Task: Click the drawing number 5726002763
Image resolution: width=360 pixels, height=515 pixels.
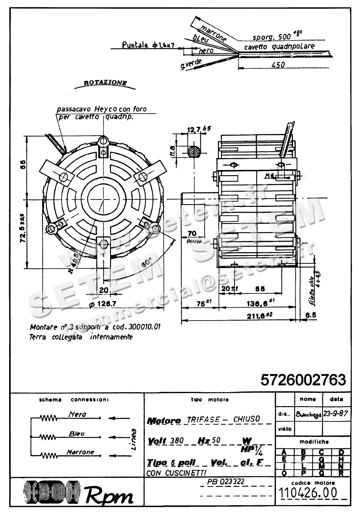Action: point(303,380)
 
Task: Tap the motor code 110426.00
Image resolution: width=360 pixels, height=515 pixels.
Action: point(308,492)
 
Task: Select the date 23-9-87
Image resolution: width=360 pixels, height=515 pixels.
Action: point(336,414)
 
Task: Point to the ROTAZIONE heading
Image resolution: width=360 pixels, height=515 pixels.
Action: point(105,83)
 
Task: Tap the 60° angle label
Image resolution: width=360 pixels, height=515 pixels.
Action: point(147,263)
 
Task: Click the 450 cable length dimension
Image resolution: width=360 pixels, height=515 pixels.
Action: point(277,65)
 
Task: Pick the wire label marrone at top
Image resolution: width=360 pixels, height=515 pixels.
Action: point(214,34)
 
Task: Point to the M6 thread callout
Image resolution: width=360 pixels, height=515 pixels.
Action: point(269,176)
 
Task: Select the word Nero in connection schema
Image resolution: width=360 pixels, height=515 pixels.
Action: point(77,414)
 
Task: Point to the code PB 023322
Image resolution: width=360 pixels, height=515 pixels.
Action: point(226,481)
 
